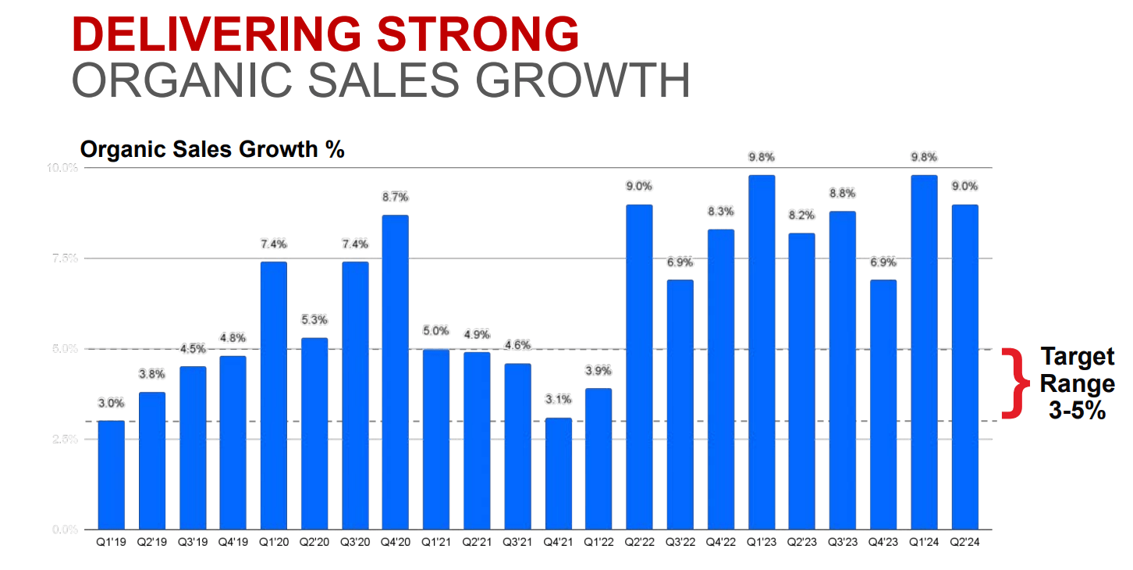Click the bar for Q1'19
[x=111, y=475]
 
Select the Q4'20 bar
[x=395, y=372]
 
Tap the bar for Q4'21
[x=558, y=473]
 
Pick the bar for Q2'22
[x=638, y=367]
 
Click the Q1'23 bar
[x=761, y=352]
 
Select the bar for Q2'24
[x=964, y=367]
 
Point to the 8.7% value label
[x=395, y=197]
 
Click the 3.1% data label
[x=558, y=399]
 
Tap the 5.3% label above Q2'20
[x=314, y=319]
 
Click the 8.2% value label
[x=801, y=215]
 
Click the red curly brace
[x=1013, y=383]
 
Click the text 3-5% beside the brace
[x=1077, y=411]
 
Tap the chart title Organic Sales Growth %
[x=212, y=149]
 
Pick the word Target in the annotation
[x=1077, y=358]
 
